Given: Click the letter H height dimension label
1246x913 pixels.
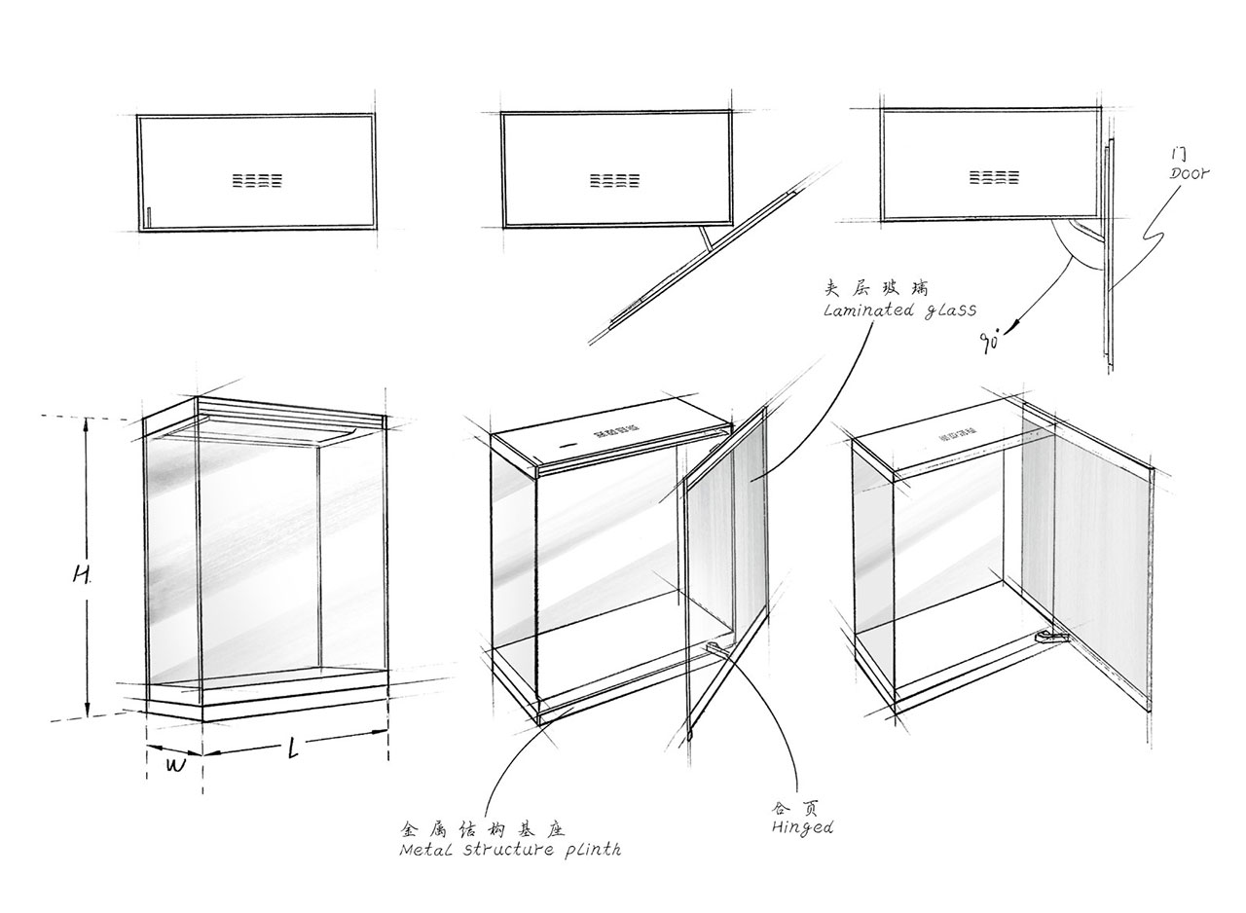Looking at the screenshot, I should pyautogui.click(x=81, y=575).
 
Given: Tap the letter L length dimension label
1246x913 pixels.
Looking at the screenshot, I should pyautogui.click(x=294, y=749).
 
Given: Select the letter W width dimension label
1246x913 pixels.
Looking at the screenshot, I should pyautogui.click(x=175, y=765).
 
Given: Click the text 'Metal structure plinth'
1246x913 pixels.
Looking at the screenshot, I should pyautogui.click(x=510, y=850).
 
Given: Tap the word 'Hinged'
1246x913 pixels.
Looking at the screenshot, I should pyautogui.click(x=802, y=828).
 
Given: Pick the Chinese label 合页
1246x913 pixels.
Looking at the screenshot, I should pyautogui.click(x=791, y=808).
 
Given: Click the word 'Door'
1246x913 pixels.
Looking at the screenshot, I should pyautogui.click(x=1189, y=174).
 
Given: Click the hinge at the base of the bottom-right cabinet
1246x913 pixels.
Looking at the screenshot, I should pyautogui.click(x=1050, y=637).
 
